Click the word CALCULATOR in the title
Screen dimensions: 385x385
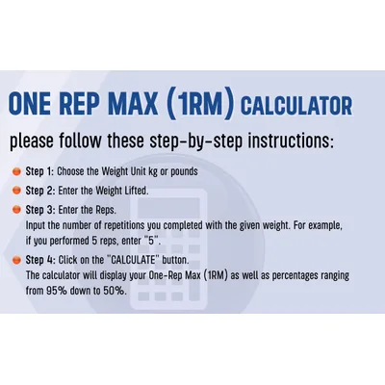click(x=296, y=106)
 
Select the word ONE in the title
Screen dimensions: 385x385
click(x=30, y=104)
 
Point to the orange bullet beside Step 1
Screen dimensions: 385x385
click(x=16, y=172)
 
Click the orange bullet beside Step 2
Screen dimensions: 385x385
click(x=16, y=191)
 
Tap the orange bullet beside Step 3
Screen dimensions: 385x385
click(x=16, y=210)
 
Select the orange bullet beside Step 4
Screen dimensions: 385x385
click(x=16, y=260)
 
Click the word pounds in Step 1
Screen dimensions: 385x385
click(x=184, y=172)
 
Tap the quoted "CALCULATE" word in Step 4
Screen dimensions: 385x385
click(x=133, y=260)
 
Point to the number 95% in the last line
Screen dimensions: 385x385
click(x=57, y=291)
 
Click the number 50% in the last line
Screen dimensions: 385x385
click(x=114, y=291)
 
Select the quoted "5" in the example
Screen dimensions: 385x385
click(x=152, y=241)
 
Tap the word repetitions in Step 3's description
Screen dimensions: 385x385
click(x=119, y=226)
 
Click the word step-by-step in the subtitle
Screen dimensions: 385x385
click(x=195, y=141)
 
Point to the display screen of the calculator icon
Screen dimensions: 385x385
click(x=168, y=205)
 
